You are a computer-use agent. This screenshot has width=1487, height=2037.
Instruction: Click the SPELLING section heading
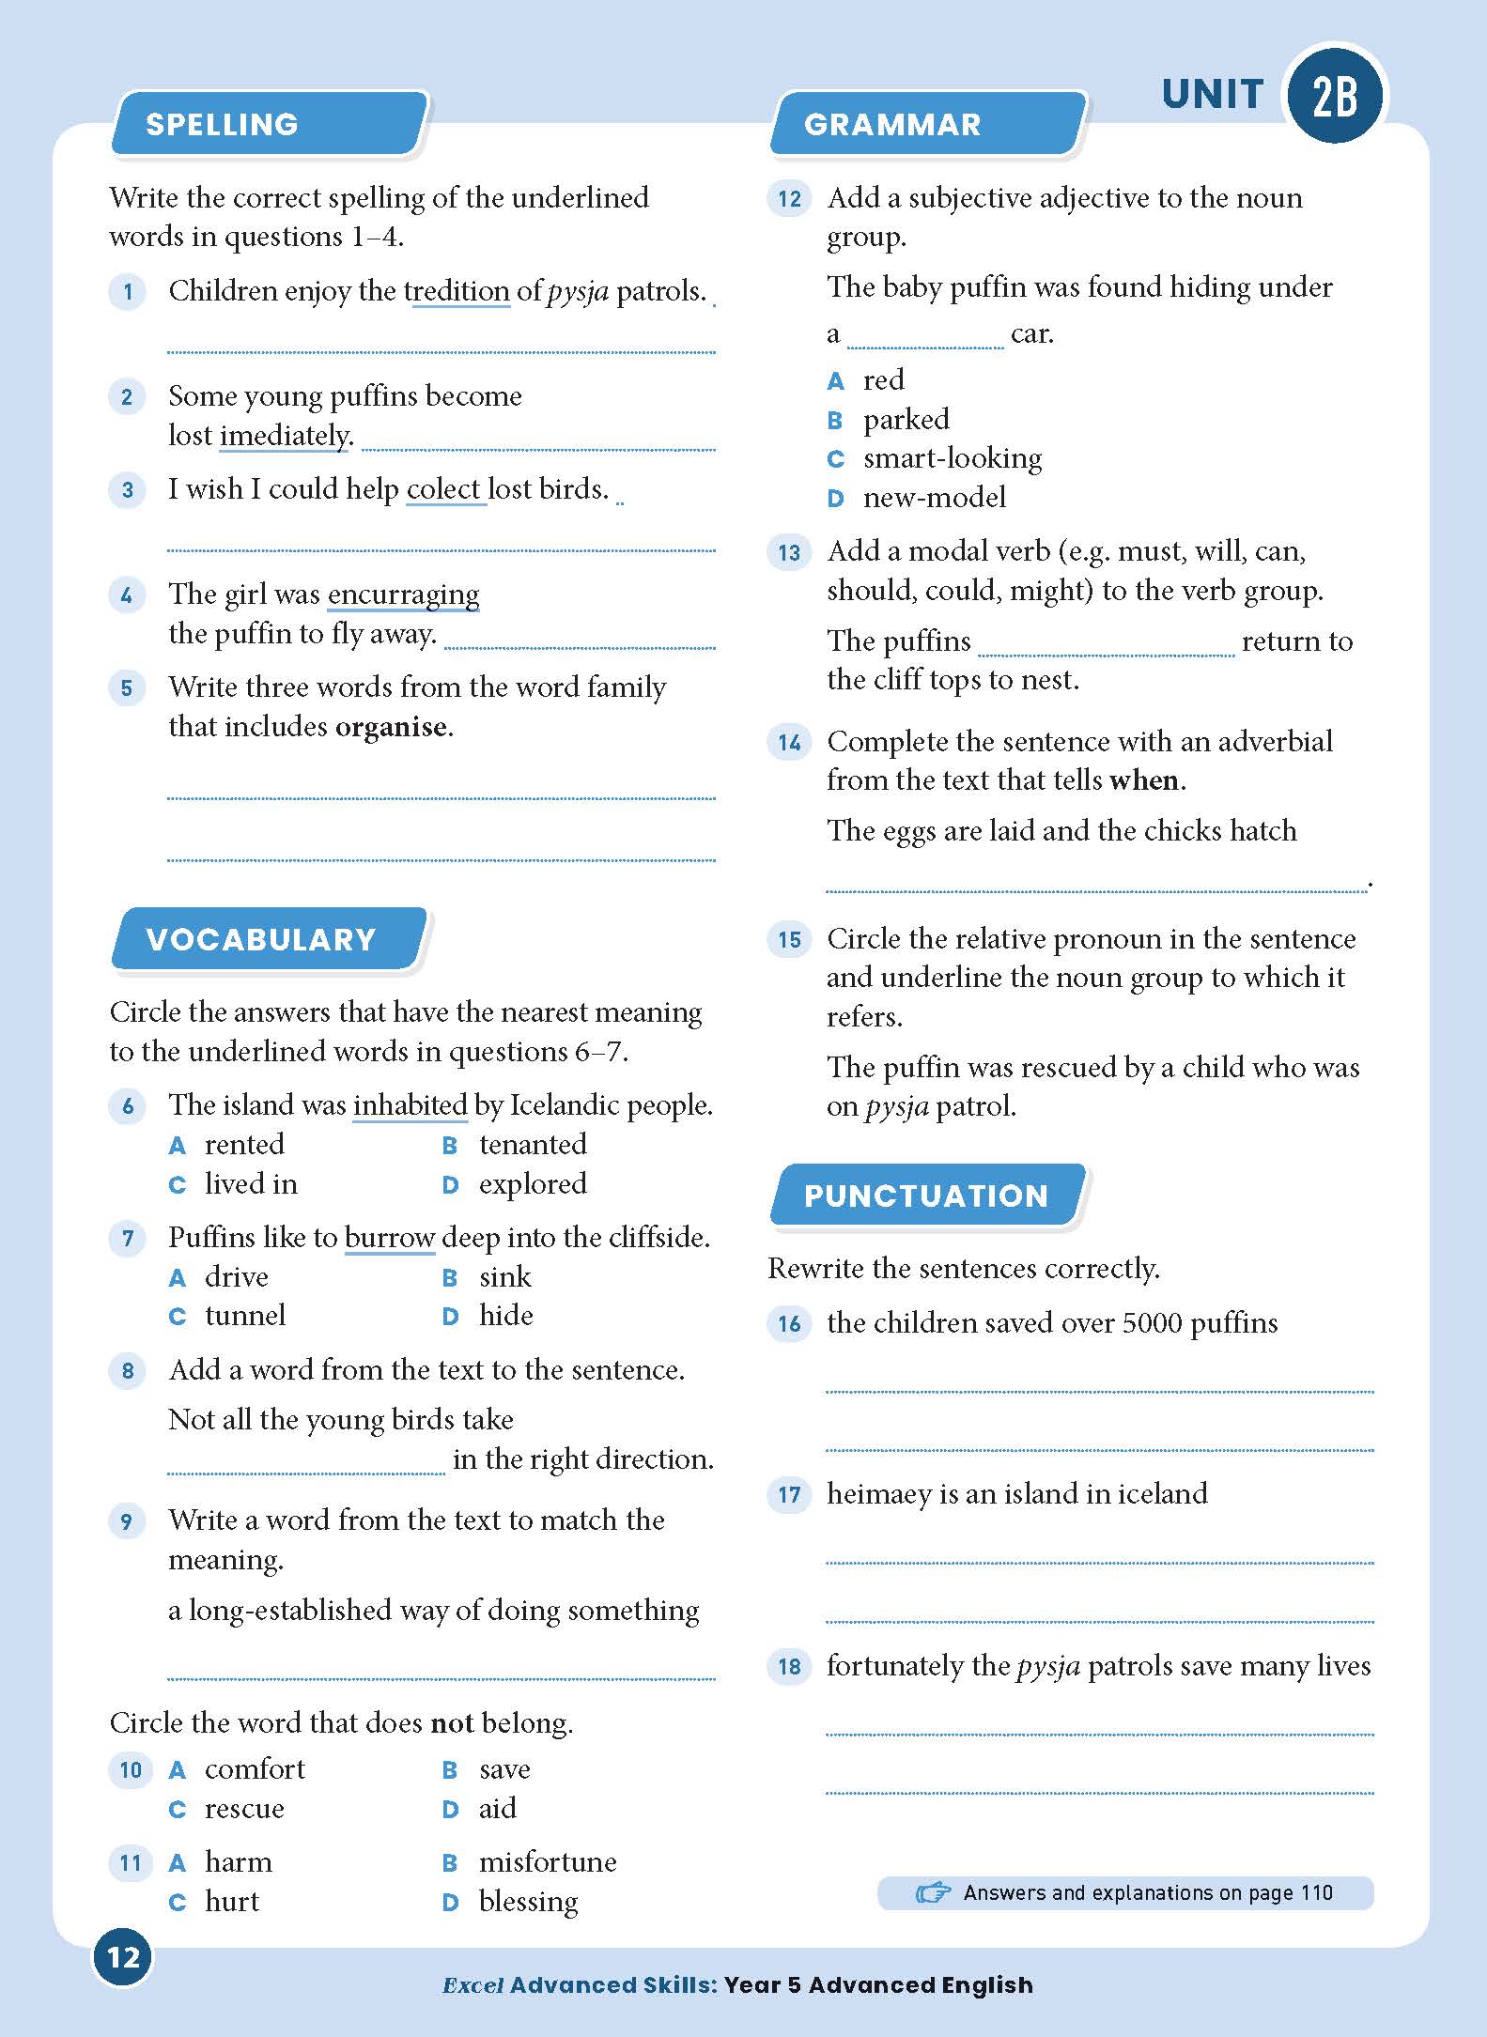coord(223,124)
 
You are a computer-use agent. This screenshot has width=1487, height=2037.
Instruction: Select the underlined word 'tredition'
coord(457,291)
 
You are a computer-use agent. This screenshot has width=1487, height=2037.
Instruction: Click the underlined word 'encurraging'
coord(403,594)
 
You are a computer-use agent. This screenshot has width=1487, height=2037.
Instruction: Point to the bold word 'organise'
coord(391,727)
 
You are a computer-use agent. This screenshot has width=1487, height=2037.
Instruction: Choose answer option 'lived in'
coord(251,1184)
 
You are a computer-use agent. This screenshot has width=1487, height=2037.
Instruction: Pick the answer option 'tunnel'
coord(245,1316)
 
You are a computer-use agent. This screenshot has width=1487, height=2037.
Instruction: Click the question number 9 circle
coord(128,1520)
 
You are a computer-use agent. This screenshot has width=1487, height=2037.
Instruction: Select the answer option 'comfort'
coord(255,1769)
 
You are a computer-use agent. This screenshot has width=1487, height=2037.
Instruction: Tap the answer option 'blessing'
coord(528,1902)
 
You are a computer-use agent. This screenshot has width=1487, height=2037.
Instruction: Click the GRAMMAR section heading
coord(892,124)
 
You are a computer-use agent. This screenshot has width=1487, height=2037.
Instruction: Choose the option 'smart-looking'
coord(953,458)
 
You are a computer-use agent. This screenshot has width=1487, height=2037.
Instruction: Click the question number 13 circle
coord(789,552)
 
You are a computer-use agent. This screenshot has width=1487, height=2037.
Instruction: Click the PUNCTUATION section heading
coord(925,1196)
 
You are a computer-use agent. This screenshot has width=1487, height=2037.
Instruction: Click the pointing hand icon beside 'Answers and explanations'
coord(933,1892)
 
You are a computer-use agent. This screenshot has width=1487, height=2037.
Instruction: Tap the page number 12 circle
coord(123,1957)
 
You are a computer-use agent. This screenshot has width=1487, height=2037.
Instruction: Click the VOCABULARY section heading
coord(261,939)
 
